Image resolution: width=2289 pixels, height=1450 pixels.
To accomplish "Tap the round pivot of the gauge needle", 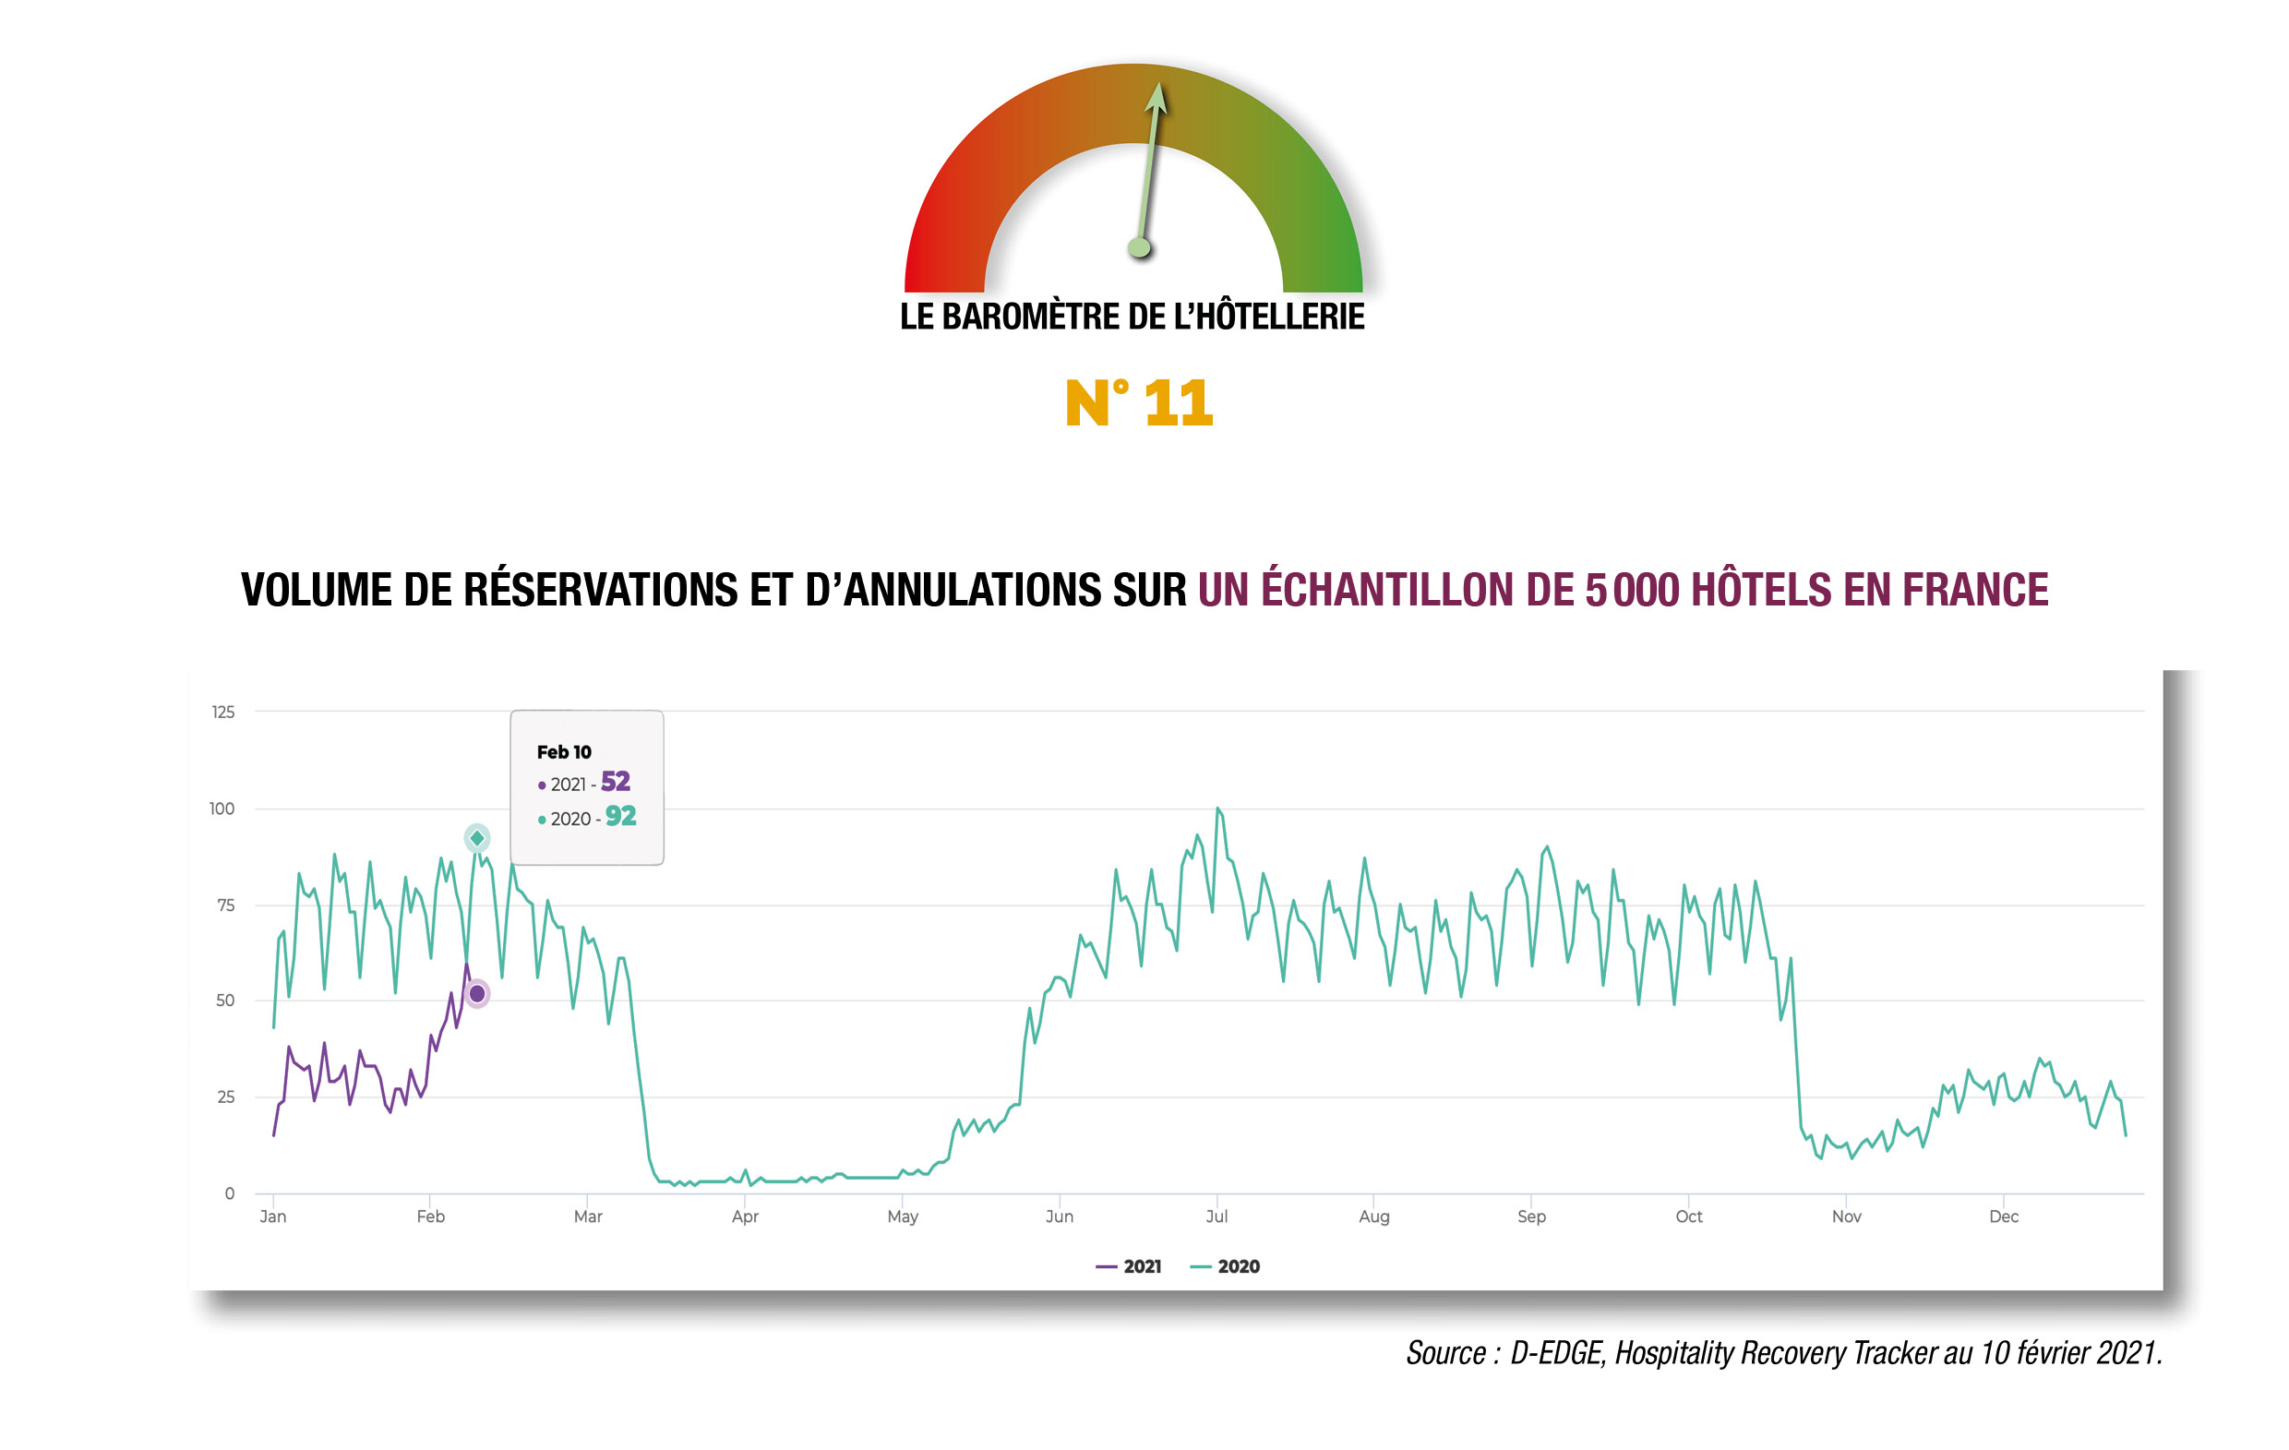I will [x=1139, y=248].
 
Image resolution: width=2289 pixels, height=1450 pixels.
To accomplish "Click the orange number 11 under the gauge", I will [x=1178, y=403].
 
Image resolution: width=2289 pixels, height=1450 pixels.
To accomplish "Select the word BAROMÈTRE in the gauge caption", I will [x=1030, y=317].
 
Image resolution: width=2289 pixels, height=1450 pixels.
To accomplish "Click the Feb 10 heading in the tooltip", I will [x=564, y=752].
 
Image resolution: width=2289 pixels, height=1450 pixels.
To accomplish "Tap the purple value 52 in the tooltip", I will [x=615, y=782].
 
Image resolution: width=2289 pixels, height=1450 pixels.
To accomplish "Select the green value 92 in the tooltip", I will [x=621, y=816].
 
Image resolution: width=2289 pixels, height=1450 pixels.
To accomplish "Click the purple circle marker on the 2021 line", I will [x=477, y=994].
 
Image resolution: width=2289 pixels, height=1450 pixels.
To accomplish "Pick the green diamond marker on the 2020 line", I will [x=477, y=838].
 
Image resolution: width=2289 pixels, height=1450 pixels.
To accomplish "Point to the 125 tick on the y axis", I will [x=222, y=713].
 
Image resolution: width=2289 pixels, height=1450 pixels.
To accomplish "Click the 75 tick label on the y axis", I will [x=225, y=905].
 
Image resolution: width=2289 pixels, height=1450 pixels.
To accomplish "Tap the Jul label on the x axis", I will [x=1216, y=1216].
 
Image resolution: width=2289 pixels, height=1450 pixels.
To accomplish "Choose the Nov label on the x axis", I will [x=1846, y=1216].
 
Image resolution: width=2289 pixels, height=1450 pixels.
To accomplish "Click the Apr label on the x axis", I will [x=745, y=1216].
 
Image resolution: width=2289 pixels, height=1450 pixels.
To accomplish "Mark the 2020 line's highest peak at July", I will [x=1217, y=809].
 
